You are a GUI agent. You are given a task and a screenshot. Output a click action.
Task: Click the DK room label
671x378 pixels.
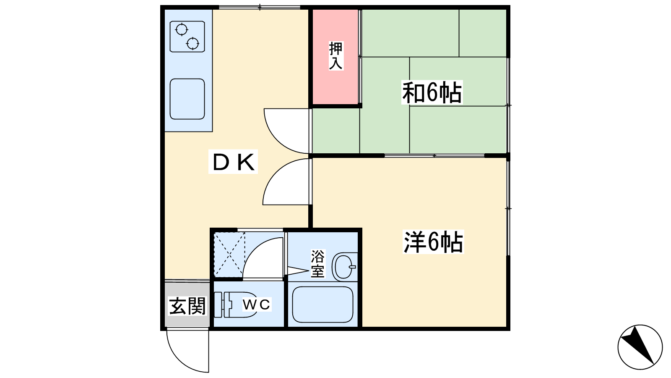click(x=233, y=162)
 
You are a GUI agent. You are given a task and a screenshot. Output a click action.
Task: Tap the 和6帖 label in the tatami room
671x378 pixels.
click(x=432, y=92)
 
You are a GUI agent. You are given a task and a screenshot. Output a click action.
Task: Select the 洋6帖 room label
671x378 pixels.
click(x=433, y=242)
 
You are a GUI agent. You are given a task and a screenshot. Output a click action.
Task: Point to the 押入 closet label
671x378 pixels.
click(x=335, y=56)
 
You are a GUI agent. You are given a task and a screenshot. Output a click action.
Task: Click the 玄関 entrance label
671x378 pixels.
click(x=187, y=306)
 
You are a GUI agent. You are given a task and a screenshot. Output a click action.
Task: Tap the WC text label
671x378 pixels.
click(x=256, y=305)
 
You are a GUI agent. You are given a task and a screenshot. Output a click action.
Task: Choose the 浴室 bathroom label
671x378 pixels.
click(x=317, y=264)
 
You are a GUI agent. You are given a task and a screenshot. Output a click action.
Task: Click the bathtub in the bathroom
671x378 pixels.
click(x=322, y=304)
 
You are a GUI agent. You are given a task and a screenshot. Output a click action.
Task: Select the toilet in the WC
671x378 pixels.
click(x=236, y=304)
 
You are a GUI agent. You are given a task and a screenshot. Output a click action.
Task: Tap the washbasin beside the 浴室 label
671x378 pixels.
click(x=344, y=267)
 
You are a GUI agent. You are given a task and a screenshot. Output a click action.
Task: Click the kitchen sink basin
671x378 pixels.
click(x=187, y=99)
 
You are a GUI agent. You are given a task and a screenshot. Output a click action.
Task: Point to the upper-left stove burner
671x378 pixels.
click(x=182, y=30)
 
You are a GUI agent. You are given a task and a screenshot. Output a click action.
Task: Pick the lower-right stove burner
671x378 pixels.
click(x=192, y=44)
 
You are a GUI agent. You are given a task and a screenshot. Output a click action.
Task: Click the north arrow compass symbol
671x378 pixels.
click(x=640, y=347)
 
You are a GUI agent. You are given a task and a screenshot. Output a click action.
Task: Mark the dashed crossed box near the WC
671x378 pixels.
click(x=229, y=255)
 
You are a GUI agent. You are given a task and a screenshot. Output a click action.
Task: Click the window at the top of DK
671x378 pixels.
click(x=260, y=7)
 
